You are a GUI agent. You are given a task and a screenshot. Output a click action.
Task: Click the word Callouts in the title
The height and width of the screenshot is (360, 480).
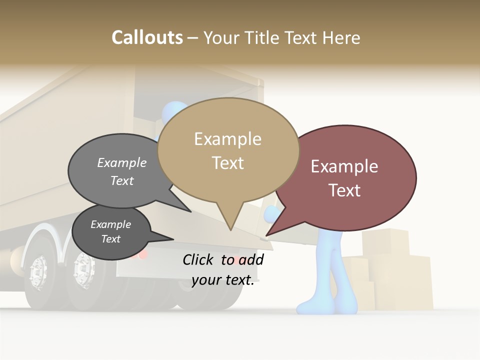(x=147, y=37)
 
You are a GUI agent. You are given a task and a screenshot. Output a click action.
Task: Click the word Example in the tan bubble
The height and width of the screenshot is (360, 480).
(x=227, y=139)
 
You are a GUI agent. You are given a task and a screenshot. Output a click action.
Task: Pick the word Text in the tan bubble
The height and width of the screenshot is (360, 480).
(x=227, y=163)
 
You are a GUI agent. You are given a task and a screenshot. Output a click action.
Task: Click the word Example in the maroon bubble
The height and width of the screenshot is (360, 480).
(x=344, y=166)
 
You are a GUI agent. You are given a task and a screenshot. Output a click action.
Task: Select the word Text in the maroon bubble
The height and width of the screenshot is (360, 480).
(x=344, y=190)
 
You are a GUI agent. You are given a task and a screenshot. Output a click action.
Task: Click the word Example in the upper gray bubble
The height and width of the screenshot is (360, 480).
(x=122, y=163)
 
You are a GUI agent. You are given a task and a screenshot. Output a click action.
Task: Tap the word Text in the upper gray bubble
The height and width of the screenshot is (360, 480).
(x=122, y=181)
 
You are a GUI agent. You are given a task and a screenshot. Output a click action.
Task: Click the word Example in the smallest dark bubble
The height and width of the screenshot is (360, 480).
(x=110, y=224)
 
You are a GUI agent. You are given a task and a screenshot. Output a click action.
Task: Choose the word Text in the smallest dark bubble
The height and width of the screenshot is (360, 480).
(x=110, y=239)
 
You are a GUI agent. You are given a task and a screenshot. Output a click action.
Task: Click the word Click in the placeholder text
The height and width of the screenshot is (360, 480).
(x=199, y=259)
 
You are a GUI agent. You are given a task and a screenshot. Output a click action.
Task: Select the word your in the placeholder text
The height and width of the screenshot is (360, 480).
(x=205, y=280)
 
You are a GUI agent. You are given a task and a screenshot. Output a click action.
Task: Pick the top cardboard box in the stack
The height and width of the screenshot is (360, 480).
(x=385, y=242)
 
